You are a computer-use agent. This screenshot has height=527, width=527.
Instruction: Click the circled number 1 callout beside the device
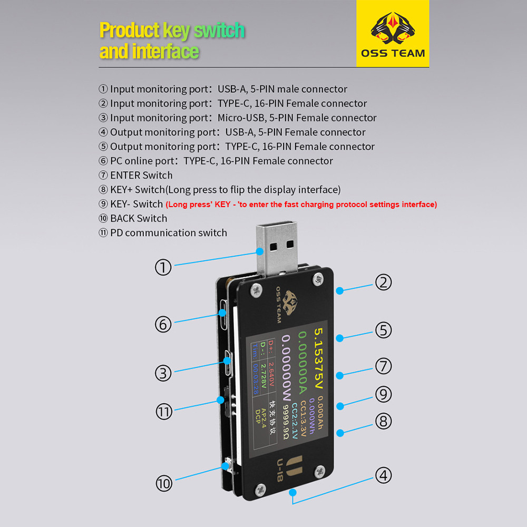click(163, 267)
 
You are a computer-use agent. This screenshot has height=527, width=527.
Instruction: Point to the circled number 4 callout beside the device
click(383, 475)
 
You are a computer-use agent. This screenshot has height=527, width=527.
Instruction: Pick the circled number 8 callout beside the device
click(383, 421)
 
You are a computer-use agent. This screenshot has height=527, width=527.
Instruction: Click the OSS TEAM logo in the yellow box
click(393, 34)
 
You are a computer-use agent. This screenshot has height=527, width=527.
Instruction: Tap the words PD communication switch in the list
click(169, 233)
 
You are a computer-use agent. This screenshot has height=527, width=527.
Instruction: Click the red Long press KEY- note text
click(301, 204)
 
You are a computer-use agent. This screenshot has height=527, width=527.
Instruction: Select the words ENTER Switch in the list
click(141, 175)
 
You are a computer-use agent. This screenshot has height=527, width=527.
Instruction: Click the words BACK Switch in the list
click(139, 219)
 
